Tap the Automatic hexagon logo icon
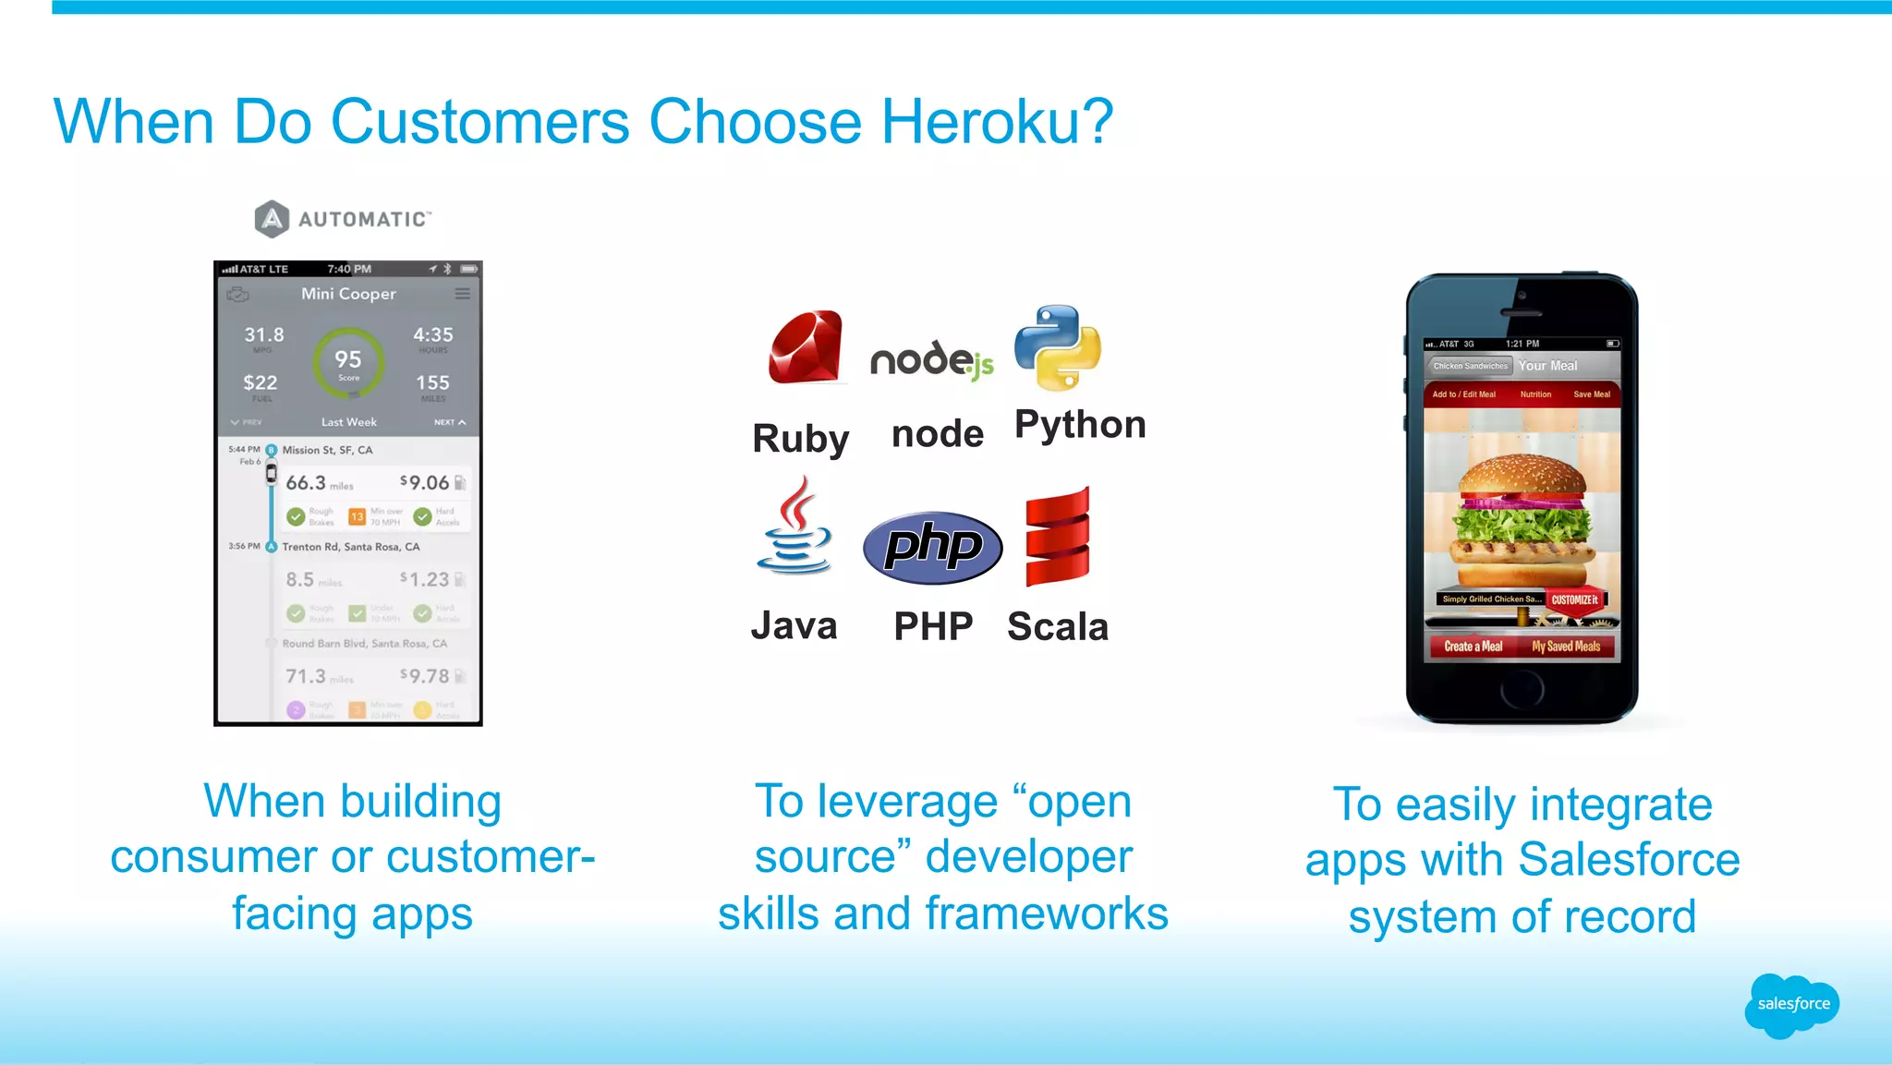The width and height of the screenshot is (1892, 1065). click(272, 219)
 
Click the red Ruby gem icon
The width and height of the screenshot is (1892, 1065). click(807, 347)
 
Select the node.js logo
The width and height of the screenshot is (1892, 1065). click(931, 359)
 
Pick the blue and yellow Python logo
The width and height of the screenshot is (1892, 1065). click(1058, 347)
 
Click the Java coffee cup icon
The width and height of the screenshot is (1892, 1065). click(794, 526)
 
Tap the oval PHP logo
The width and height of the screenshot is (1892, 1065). click(932, 547)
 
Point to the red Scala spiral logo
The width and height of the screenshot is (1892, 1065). click(1058, 538)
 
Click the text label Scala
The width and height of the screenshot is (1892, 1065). click(1058, 627)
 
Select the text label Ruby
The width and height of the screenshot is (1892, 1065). click(800, 438)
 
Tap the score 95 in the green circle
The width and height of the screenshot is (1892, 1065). click(348, 360)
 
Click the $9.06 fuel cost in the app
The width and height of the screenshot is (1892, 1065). click(424, 482)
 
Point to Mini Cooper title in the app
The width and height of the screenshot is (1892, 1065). click(348, 294)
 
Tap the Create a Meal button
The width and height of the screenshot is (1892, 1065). click(1473, 647)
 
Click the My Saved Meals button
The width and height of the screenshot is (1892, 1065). click(1566, 647)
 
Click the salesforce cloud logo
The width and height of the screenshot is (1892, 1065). click(1792, 1004)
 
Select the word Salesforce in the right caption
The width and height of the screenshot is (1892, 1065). click(1629, 860)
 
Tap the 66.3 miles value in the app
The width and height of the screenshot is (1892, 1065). click(307, 483)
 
